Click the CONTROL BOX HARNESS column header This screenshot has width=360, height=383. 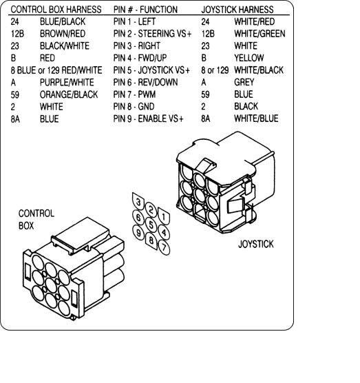pos(56,10)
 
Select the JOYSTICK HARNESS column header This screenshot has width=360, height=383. pos(237,10)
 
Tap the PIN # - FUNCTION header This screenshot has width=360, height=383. pos(145,10)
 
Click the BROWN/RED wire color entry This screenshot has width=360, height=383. pos(63,34)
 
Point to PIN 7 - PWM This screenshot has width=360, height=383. pos(134,94)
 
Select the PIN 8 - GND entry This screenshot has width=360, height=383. pos(134,107)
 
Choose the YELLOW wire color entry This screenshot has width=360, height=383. pos(249,58)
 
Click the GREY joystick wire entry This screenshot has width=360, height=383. pos(244,82)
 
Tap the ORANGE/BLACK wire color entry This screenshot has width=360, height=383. pos(69,94)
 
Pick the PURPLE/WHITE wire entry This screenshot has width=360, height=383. pos(67,82)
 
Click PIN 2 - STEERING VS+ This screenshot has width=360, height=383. pos(152,34)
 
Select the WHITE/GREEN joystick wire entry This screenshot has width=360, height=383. pos(260,34)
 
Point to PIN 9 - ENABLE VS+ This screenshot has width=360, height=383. pos(148,118)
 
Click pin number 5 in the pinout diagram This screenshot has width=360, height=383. pos(151,225)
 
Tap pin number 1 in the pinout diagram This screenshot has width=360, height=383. pos(164,216)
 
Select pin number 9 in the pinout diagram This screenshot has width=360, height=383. pos(138,233)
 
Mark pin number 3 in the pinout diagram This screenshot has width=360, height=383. pos(138,202)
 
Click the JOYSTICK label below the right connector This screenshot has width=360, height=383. pos(256,245)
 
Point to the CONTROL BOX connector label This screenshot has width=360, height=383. pos(36,220)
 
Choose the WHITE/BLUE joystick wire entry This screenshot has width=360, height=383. pos(256,118)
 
